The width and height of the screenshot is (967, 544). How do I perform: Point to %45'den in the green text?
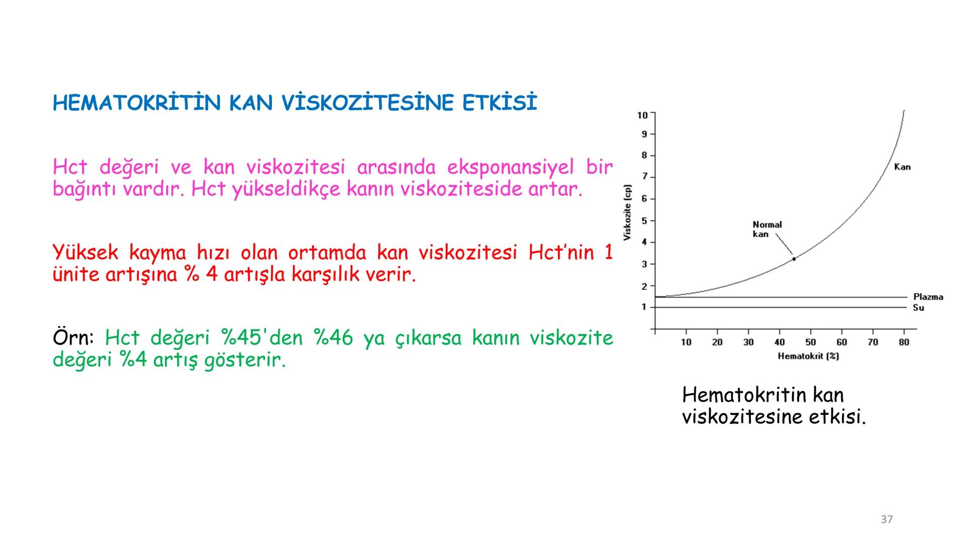click(x=262, y=338)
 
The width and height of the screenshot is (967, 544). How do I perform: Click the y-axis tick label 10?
click(x=642, y=115)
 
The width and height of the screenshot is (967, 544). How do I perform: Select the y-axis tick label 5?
click(x=644, y=221)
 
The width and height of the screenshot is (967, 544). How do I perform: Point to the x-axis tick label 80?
click(x=904, y=343)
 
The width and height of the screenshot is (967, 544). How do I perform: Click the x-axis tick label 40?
click(x=779, y=343)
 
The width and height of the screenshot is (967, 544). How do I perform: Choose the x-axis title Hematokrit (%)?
click(x=808, y=356)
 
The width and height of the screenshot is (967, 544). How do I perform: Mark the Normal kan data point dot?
click(x=794, y=259)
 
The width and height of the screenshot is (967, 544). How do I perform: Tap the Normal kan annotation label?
click(x=767, y=229)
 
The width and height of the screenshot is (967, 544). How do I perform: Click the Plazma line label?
click(x=928, y=297)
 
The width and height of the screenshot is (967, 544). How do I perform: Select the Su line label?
click(x=918, y=308)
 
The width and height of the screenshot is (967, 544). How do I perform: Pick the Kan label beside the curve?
click(x=902, y=167)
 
